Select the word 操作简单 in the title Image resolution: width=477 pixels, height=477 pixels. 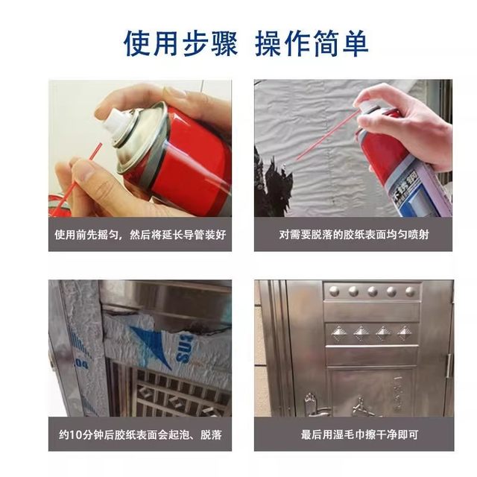pos(312,43)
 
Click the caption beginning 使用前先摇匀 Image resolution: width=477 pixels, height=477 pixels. pos(139,234)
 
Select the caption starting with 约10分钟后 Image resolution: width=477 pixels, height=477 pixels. pos(139,435)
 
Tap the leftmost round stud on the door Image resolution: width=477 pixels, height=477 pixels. pos(334,291)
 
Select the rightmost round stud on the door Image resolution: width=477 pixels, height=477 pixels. pos(411,291)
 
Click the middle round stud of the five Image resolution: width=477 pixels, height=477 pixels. pos(373,291)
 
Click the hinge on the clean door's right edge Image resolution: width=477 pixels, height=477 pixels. pos(449,364)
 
